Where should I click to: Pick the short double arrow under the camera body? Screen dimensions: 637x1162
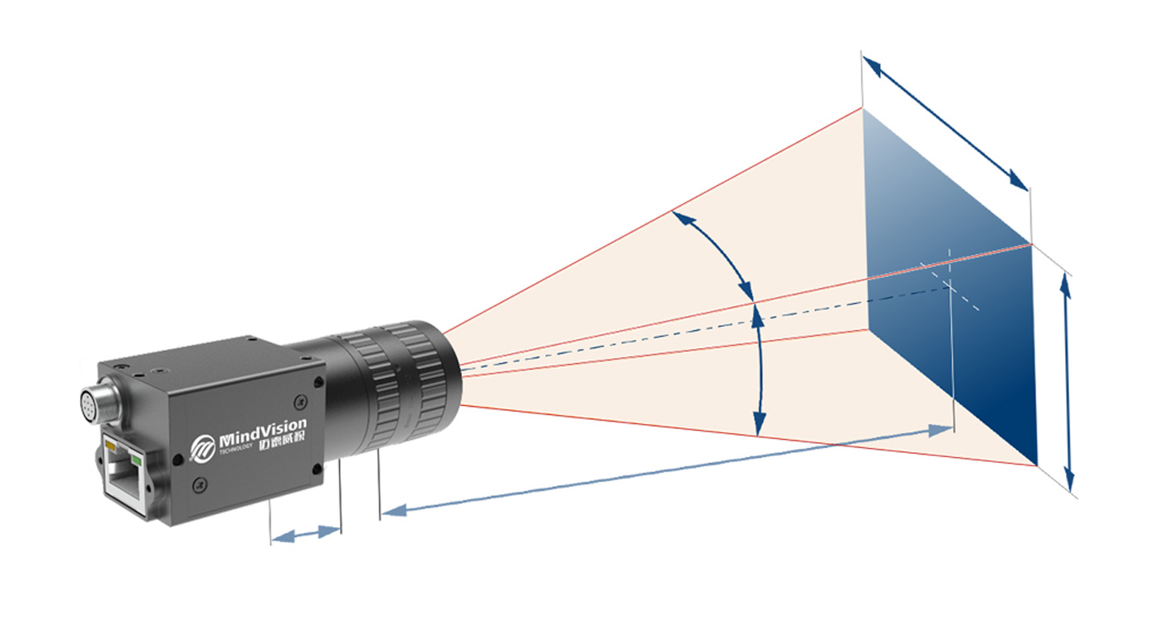305,534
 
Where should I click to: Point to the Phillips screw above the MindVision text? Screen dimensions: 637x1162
300,398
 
